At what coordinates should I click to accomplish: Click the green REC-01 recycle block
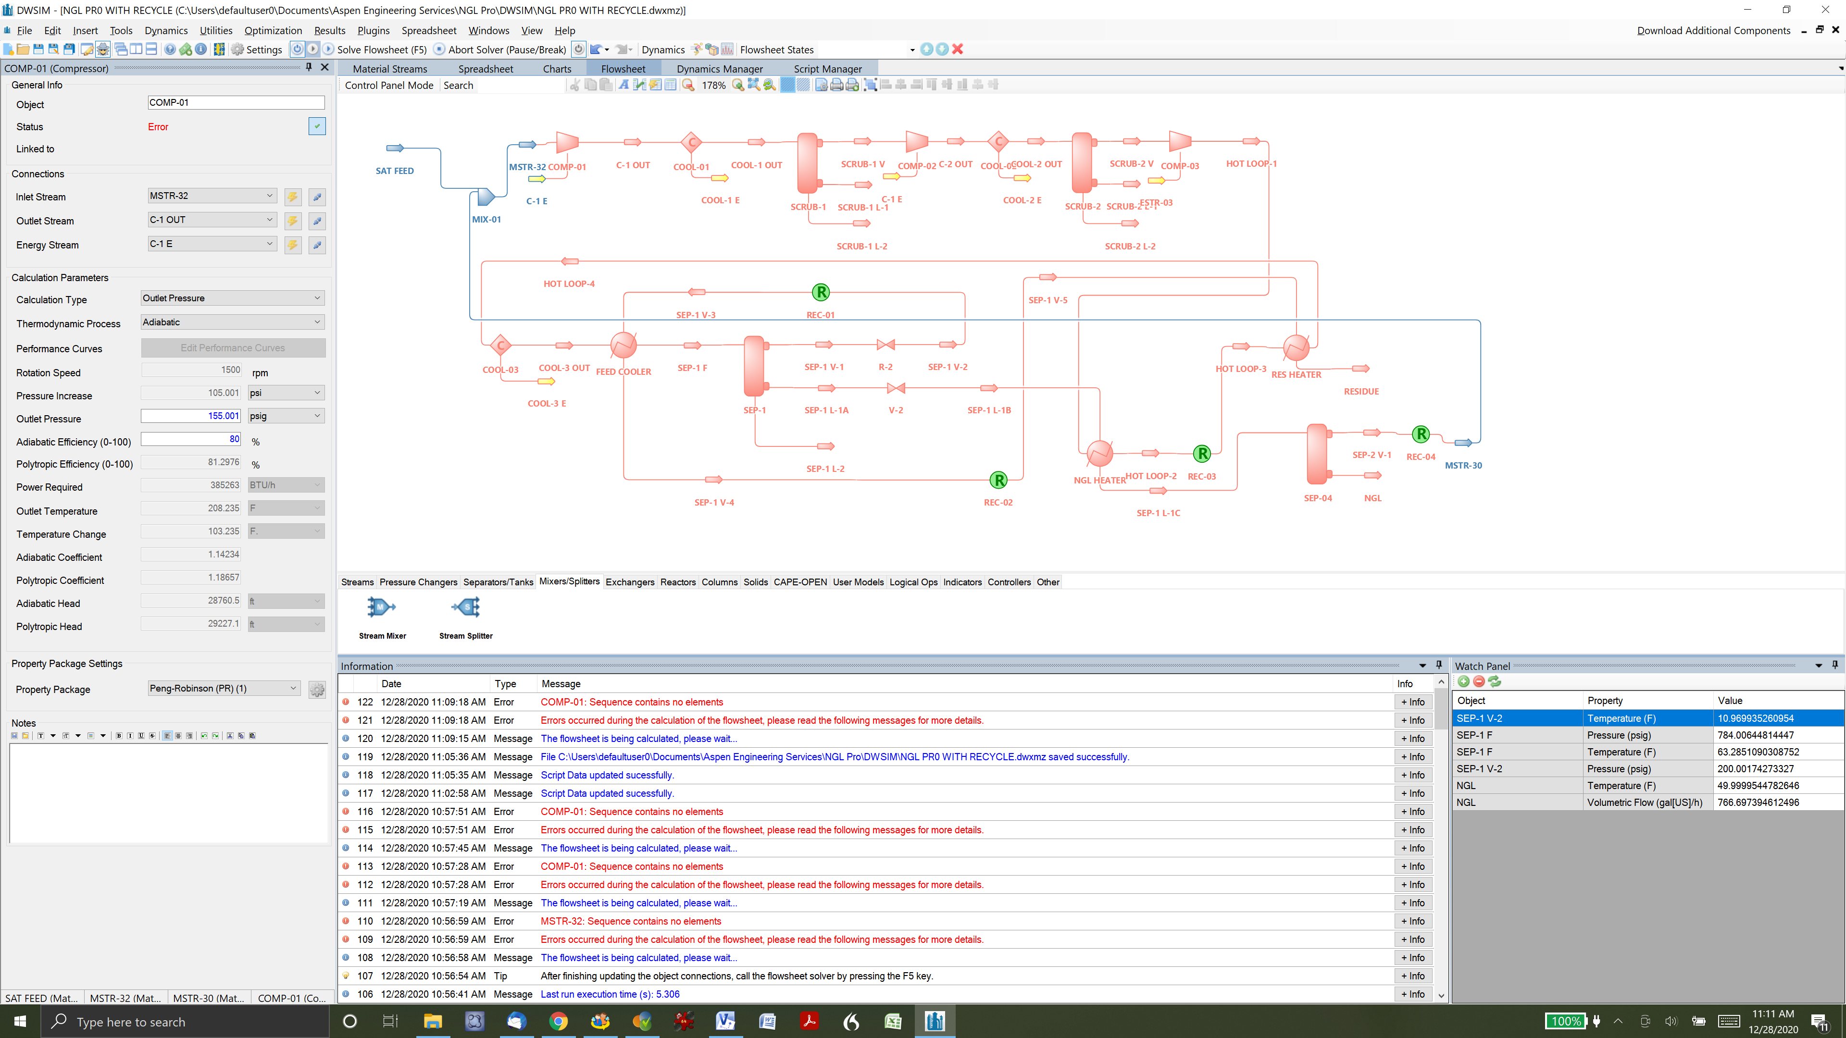pos(821,292)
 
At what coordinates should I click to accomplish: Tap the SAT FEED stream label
pos(394,171)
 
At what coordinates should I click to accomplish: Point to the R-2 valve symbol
pos(886,346)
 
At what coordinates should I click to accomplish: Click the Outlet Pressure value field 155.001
pos(191,416)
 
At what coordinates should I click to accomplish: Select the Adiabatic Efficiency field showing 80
pos(191,439)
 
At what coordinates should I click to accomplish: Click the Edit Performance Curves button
pos(233,348)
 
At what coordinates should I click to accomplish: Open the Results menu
pos(330,31)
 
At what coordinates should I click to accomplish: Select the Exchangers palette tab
pos(629,582)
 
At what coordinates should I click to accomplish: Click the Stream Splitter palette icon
pos(466,608)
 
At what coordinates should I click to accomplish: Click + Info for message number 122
pos(1412,703)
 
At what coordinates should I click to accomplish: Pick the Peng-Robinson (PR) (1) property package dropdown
pos(222,689)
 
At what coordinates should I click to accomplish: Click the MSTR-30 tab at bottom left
pos(209,998)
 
